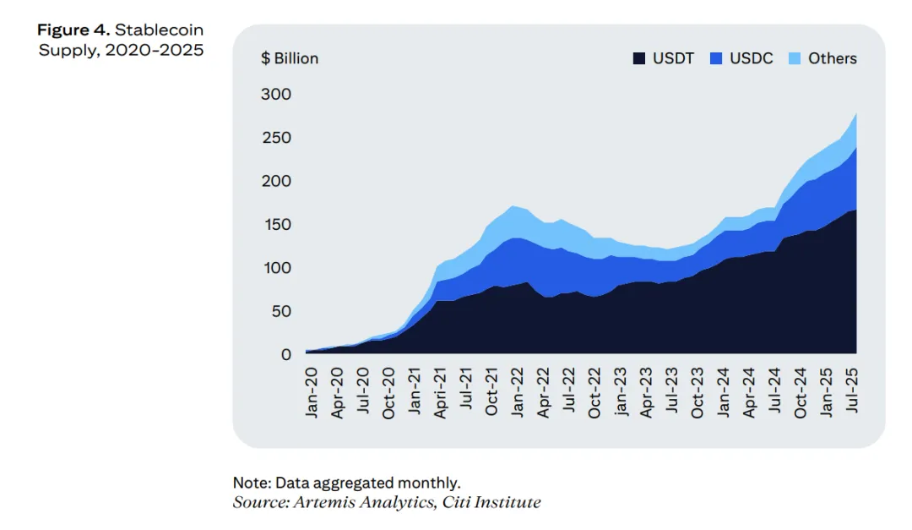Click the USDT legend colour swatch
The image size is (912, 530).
pyautogui.click(x=639, y=59)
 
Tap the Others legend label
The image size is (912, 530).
pyautogui.click(x=832, y=58)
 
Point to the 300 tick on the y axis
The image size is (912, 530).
pyautogui.click(x=275, y=94)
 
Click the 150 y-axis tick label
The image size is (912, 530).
pyautogui.click(x=275, y=224)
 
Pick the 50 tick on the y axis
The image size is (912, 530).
pyautogui.click(x=280, y=311)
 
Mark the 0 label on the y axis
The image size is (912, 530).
pyautogui.click(x=285, y=354)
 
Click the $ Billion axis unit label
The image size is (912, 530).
pyautogui.click(x=290, y=58)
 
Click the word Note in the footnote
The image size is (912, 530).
pyautogui.click(x=250, y=484)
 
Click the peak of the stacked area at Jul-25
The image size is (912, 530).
pyautogui.click(x=856, y=113)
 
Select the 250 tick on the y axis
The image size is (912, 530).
pyautogui.click(x=275, y=137)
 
